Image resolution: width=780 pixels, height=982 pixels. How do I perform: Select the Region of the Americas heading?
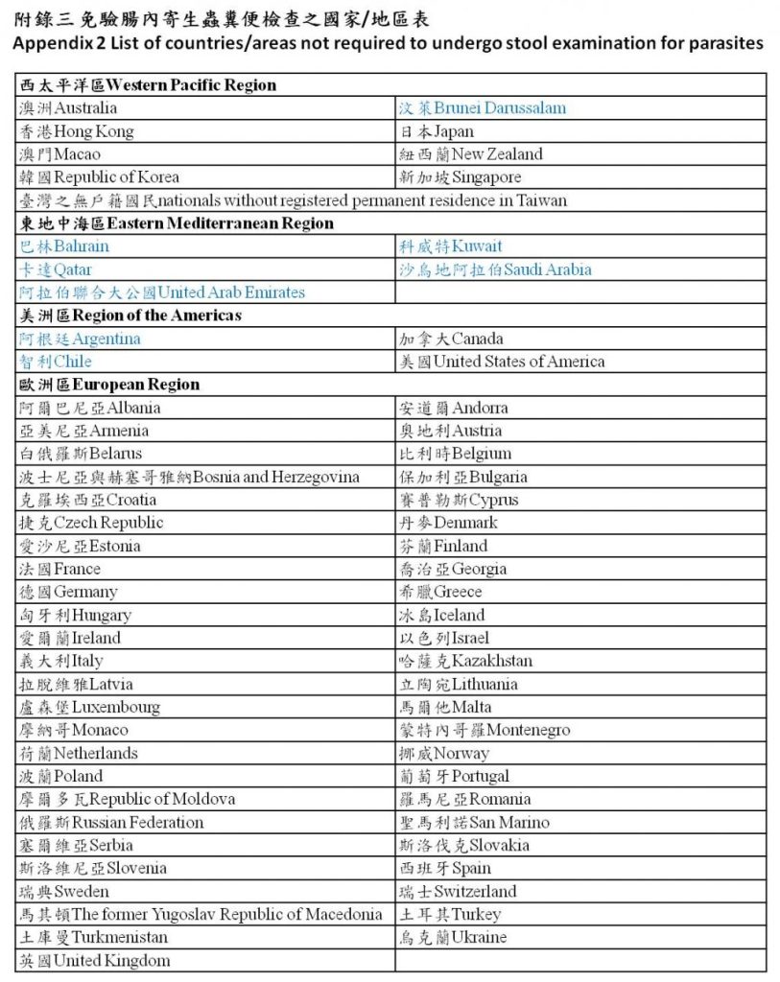pyautogui.click(x=131, y=316)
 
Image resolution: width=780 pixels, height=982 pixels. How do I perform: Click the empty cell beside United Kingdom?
pyautogui.click(x=579, y=960)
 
